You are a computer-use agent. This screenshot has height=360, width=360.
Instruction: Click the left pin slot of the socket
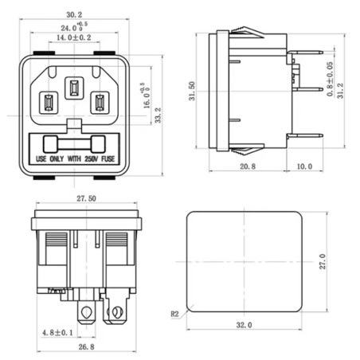pyautogui.click(x=47, y=102)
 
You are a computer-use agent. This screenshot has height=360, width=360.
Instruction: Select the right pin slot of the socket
pyautogui.click(x=100, y=102)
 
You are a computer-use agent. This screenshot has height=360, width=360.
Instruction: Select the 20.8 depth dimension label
pyautogui.click(x=247, y=166)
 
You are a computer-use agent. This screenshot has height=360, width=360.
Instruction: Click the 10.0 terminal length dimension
pyautogui.click(x=304, y=166)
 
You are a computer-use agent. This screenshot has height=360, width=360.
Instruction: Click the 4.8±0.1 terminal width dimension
pyautogui.click(x=58, y=331)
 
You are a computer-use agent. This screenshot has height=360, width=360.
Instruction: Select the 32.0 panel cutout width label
pyautogui.click(x=244, y=325)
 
